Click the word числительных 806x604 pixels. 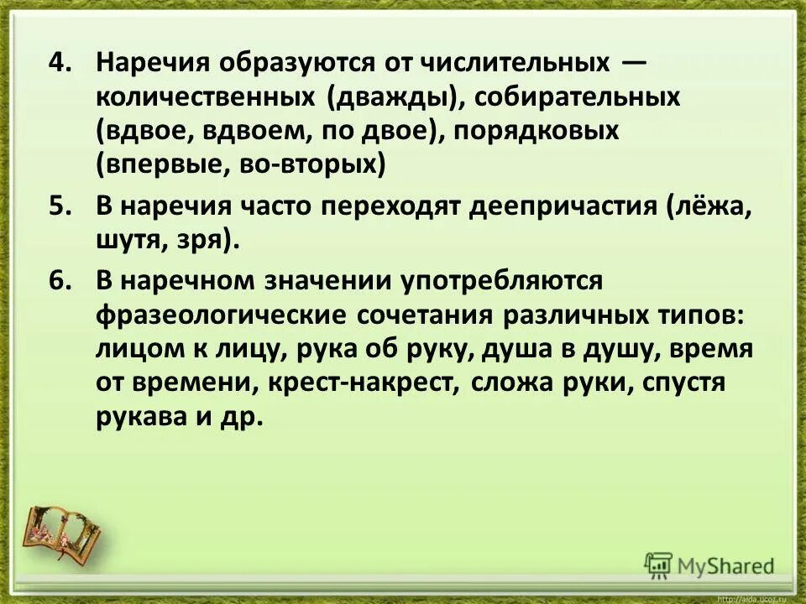[516, 64]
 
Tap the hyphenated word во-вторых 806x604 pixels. [317, 164]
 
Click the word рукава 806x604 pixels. [144, 417]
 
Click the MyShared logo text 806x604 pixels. [727, 565]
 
